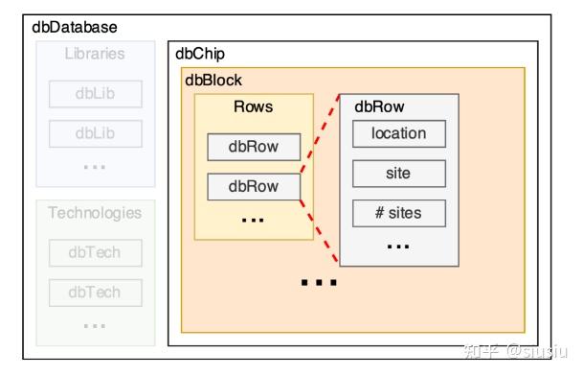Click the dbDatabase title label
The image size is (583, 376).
tap(75, 28)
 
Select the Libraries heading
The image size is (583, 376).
tap(95, 54)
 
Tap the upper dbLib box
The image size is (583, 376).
tap(95, 94)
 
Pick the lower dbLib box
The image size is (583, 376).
tap(95, 133)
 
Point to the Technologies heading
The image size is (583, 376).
tap(95, 213)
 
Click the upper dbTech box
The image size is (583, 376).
tap(95, 253)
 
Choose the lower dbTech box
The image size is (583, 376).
tap(95, 293)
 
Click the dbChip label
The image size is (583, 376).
tap(200, 55)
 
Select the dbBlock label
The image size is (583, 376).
tap(213, 81)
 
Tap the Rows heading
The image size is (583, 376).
tap(253, 106)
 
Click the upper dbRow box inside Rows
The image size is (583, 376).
tap(254, 147)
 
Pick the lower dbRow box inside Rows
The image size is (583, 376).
tap(254, 186)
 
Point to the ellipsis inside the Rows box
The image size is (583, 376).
tap(253, 220)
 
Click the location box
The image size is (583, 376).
tap(399, 133)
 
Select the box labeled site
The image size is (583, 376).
tap(399, 174)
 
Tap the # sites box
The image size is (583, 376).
tap(399, 213)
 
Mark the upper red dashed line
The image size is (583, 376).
tap(320, 133)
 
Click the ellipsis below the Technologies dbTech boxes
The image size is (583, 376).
tap(95, 324)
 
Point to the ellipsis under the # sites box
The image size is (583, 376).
tap(399, 246)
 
